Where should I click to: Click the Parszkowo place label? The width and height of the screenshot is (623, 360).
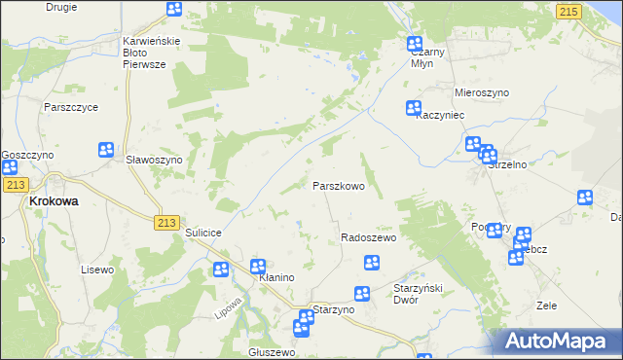(x=339, y=185)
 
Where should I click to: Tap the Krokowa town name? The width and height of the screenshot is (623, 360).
(x=54, y=201)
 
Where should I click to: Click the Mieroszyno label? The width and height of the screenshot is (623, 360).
(x=482, y=92)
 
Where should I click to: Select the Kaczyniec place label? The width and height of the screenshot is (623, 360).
(x=437, y=115)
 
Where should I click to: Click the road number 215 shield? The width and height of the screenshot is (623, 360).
(x=569, y=10)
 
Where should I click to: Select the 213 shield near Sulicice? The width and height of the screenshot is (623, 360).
(x=165, y=223)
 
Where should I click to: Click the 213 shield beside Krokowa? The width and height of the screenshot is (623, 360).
(x=14, y=184)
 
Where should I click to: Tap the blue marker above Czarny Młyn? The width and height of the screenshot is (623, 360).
(x=414, y=45)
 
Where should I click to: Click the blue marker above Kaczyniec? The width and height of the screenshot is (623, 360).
(x=414, y=109)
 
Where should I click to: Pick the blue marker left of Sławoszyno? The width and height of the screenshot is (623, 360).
(x=106, y=150)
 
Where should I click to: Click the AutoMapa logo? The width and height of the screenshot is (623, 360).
(x=559, y=341)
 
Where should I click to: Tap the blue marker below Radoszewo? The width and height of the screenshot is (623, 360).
(x=371, y=262)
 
